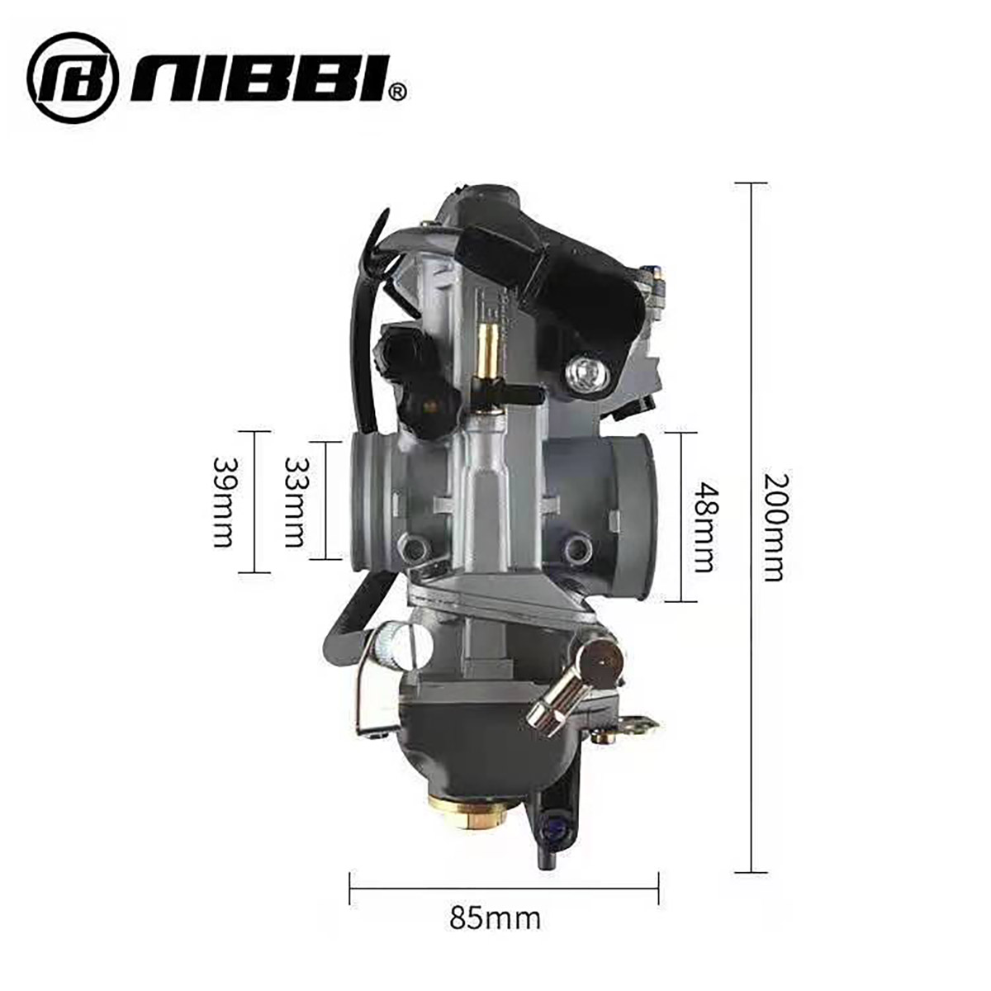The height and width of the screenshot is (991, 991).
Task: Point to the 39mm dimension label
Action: pos(223,502)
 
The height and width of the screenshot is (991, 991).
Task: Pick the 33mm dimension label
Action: pos(295,501)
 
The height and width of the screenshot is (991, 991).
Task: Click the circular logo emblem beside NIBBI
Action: pos(73,77)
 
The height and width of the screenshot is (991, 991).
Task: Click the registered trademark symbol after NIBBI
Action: pos(399,92)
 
